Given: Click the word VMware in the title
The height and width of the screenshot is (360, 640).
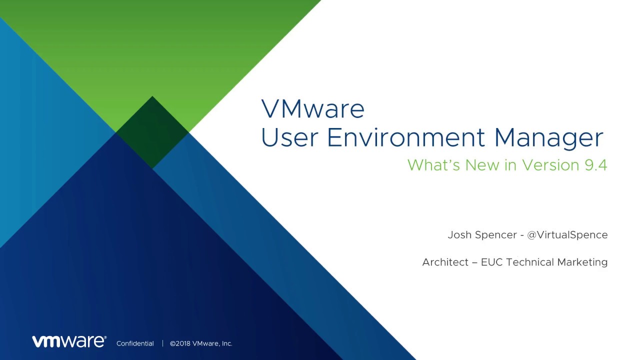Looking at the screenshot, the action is pyautogui.click(x=313, y=109).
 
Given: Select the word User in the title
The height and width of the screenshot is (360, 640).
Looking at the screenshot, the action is pyautogui.click(x=289, y=137).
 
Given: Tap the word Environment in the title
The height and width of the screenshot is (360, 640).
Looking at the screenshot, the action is pyautogui.click(x=406, y=137).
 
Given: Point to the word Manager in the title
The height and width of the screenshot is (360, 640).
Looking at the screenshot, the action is pyautogui.click(x=548, y=139).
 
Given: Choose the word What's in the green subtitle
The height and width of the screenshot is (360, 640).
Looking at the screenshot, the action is pyautogui.click(x=433, y=165).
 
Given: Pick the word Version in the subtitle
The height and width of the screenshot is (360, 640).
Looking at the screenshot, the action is pyautogui.click(x=550, y=165).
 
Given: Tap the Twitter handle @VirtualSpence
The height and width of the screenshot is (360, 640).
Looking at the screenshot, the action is pyautogui.click(x=567, y=235).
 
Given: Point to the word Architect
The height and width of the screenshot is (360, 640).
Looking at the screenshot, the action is pyautogui.click(x=445, y=262).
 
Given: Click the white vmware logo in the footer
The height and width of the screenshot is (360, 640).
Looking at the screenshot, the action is pyautogui.click(x=69, y=341).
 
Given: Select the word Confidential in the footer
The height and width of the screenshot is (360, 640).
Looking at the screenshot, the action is pyautogui.click(x=135, y=343).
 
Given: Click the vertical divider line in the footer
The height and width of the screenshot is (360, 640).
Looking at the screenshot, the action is pyautogui.click(x=162, y=343).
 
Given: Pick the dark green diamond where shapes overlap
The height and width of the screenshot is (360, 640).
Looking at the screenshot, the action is pyautogui.click(x=152, y=132).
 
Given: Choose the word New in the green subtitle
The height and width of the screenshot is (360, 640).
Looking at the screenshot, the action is pyautogui.click(x=482, y=165).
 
